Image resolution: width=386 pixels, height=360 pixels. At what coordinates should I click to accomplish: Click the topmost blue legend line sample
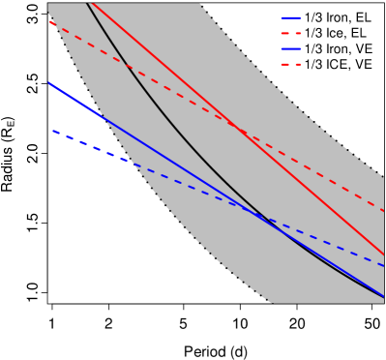pos(290,17)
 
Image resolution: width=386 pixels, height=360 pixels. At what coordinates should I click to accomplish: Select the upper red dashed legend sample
pos(290,33)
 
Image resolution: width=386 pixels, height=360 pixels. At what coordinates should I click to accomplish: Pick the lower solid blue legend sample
pos(290,48)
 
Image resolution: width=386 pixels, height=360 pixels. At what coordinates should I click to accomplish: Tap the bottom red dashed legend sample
pos(290,64)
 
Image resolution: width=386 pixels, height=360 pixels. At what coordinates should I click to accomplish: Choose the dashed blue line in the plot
pos(193,186)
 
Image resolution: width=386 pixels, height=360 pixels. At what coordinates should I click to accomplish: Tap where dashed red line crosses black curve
pos(127,65)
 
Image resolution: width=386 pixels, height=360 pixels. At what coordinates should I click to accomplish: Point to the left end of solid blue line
pos(48,83)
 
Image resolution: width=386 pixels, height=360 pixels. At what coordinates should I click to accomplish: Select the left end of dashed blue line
pos(52,131)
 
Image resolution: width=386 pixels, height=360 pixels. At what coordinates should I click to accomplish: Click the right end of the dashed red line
pos(383,210)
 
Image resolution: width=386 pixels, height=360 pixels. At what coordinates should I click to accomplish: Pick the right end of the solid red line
pos(383,255)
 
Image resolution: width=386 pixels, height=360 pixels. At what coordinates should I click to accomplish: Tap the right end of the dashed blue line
pos(383,265)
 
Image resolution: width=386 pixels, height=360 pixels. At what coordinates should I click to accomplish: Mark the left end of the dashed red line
pos(50,21)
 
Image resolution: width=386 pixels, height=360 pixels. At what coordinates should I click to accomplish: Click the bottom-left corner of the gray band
pos(273,303)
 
